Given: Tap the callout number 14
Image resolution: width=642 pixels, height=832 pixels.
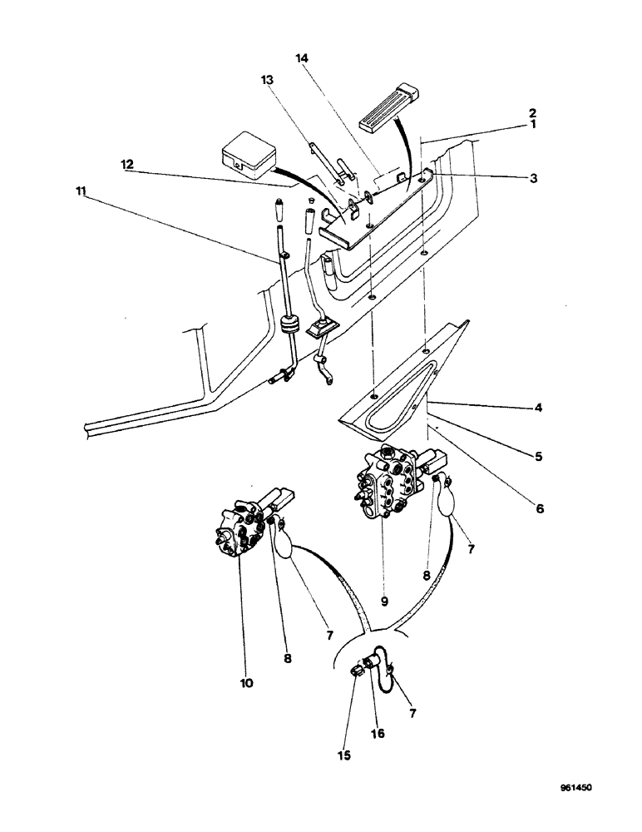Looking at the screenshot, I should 301,59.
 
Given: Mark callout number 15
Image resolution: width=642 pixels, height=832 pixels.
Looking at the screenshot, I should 344,755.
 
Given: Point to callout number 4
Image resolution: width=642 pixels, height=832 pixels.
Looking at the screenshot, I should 541,409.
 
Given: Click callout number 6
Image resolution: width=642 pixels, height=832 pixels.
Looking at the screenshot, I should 539,507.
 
